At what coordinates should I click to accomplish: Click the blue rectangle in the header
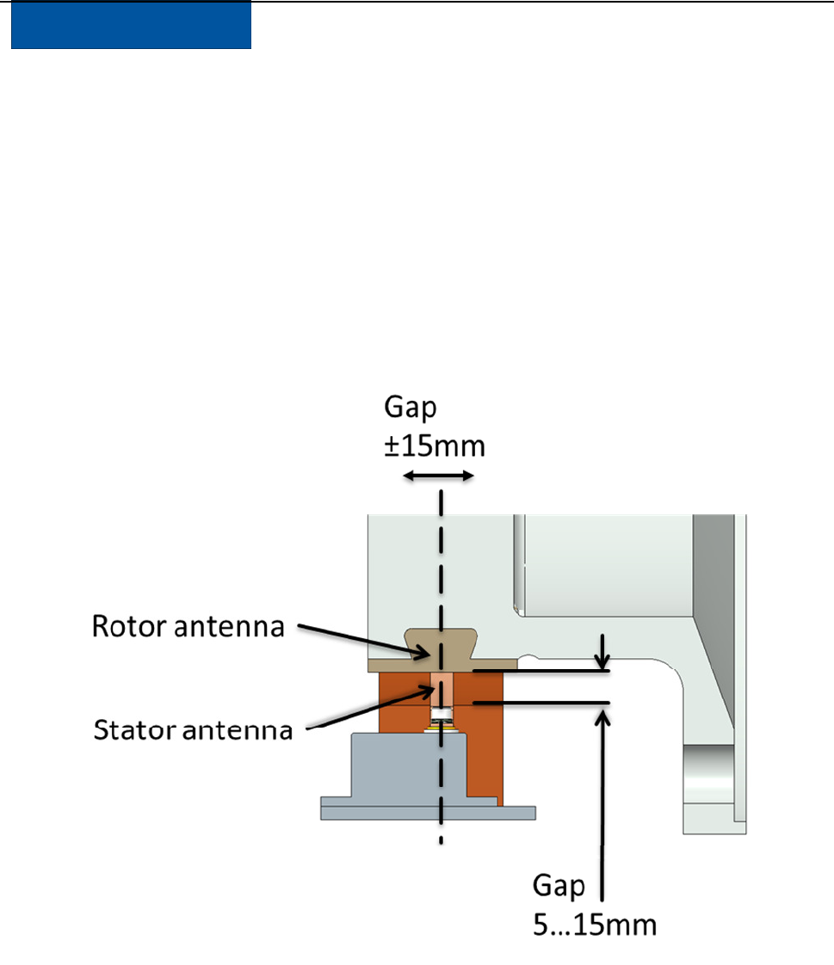coord(131,26)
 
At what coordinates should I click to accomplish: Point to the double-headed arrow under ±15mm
coord(439,476)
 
